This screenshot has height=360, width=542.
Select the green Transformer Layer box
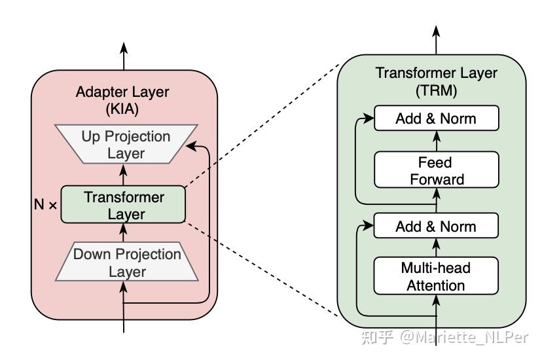[x=123, y=205]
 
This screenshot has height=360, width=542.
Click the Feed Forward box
[x=436, y=170]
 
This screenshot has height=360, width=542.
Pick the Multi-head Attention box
[x=436, y=276]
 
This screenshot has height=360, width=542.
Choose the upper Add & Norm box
[x=436, y=119]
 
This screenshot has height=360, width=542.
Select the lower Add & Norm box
[x=436, y=226]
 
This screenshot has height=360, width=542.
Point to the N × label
[x=46, y=204]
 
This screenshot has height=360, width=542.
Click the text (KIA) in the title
[x=123, y=109]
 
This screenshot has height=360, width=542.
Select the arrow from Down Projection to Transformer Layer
[x=123, y=233]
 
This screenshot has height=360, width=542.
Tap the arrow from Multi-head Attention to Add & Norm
[x=436, y=247]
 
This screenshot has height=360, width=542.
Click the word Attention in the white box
[x=436, y=285]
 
